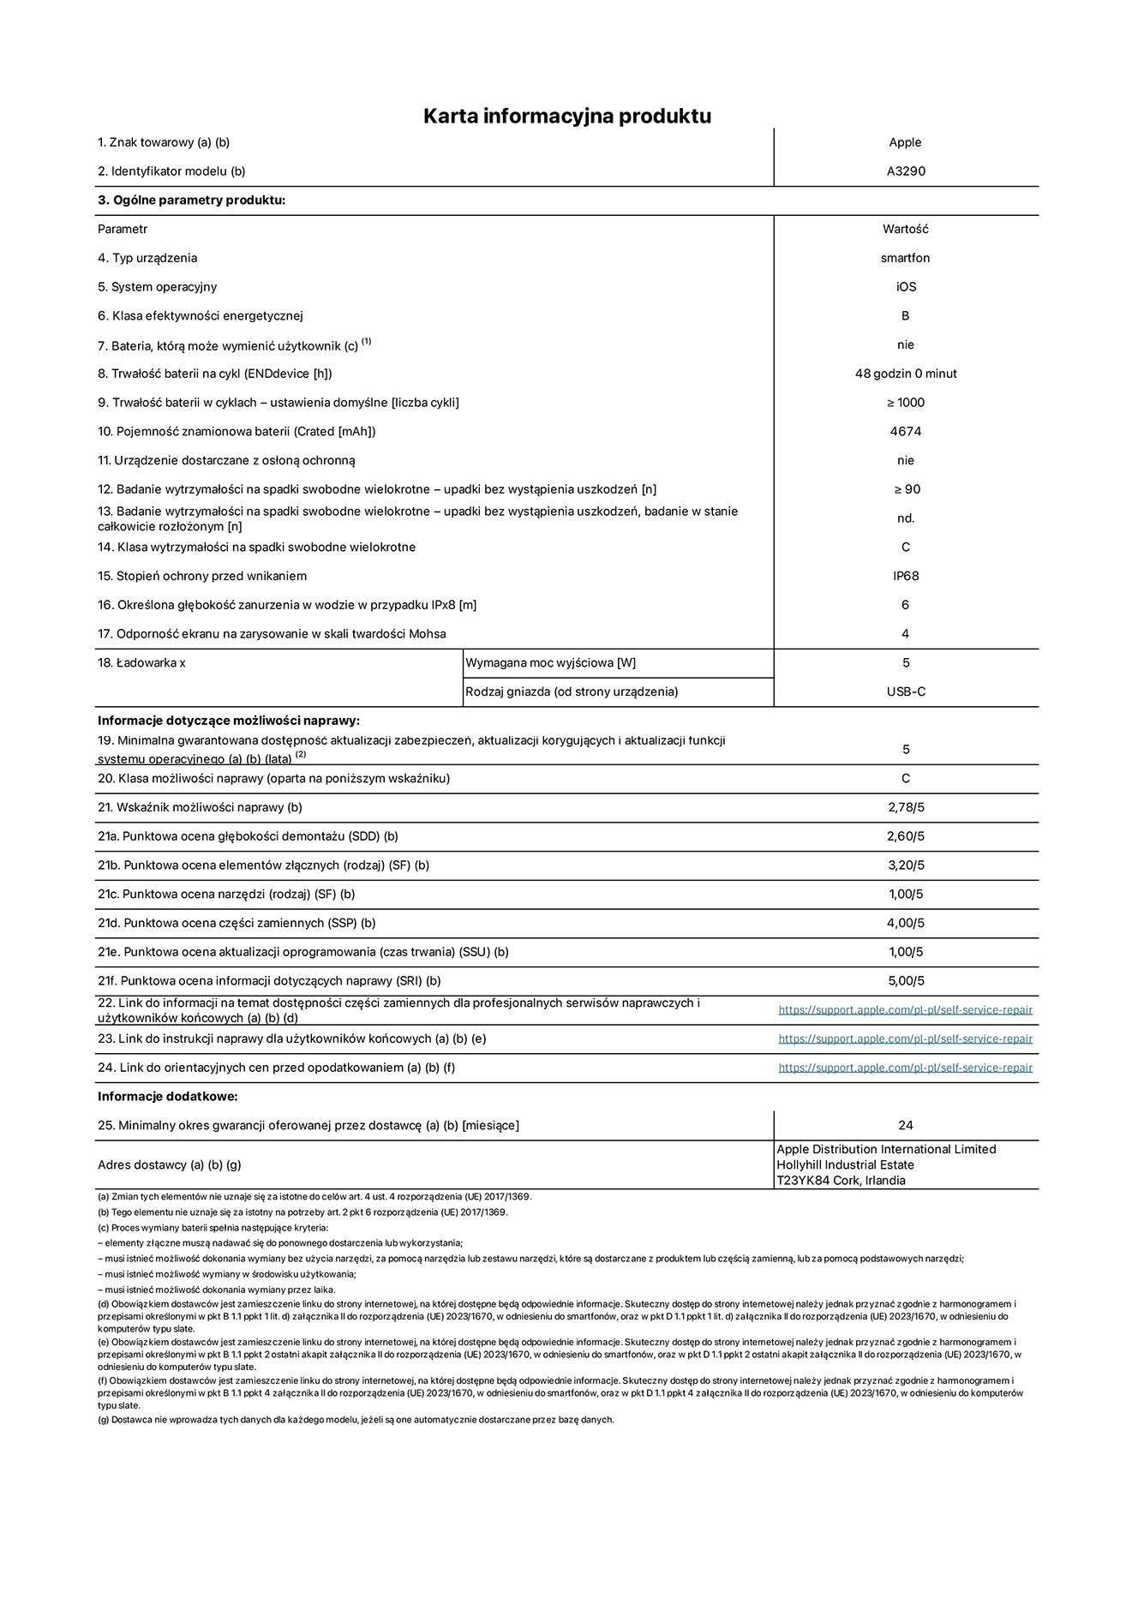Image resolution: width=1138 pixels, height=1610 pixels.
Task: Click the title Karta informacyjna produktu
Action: (x=567, y=116)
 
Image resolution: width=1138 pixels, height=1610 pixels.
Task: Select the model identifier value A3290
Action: (x=906, y=171)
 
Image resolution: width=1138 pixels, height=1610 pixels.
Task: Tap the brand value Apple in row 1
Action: (x=905, y=142)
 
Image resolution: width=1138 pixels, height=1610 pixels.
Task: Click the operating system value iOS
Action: (x=906, y=287)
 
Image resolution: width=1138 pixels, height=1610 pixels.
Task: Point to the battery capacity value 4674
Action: (x=906, y=432)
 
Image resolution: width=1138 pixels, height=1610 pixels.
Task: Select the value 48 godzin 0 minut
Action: (x=906, y=374)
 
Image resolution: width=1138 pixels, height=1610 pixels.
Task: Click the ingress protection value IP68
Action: (x=906, y=576)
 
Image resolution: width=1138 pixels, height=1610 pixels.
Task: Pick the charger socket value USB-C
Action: (x=906, y=691)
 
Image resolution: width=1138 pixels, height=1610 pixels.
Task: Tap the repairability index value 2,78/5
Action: (x=906, y=807)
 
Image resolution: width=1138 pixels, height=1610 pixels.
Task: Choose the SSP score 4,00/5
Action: (x=906, y=923)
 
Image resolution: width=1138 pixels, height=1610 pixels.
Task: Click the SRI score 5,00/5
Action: (x=906, y=981)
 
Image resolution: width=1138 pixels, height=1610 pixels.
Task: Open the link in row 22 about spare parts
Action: (x=905, y=1010)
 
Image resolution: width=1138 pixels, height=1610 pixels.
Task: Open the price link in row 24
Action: (x=905, y=1068)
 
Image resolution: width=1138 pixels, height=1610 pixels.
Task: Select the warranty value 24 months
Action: (x=906, y=1125)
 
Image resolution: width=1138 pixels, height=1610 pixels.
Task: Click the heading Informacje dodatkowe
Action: (x=167, y=1097)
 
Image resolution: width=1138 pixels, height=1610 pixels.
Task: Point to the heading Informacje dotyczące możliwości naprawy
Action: (x=229, y=721)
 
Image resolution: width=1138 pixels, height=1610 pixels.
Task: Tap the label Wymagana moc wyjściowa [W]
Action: (x=550, y=662)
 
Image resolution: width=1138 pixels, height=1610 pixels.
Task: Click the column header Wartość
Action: (x=906, y=229)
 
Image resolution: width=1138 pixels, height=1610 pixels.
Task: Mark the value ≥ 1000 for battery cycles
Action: (x=906, y=403)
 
